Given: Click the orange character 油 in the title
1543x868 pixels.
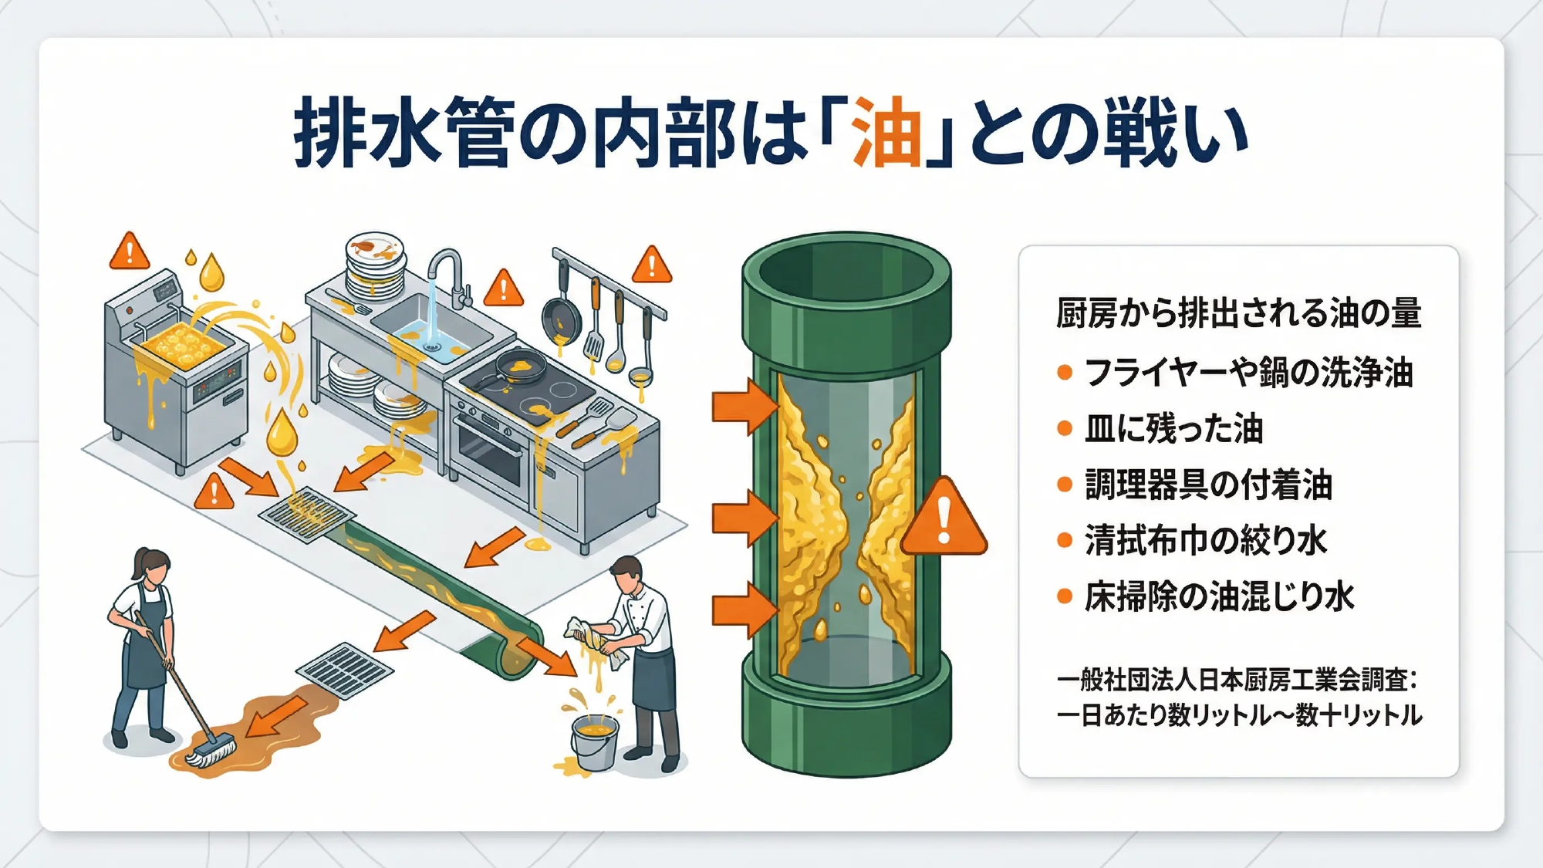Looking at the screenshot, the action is (x=887, y=132).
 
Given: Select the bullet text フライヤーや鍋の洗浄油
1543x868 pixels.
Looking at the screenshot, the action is (x=1249, y=373).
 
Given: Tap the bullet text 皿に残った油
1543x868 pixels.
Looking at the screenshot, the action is (x=1173, y=428).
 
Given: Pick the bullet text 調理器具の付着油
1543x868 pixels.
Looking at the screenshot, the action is (x=1209, y=485).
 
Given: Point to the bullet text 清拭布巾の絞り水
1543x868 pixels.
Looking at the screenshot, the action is (x=1206, y=540).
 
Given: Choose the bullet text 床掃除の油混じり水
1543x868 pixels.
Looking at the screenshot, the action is (x=1220, y=596).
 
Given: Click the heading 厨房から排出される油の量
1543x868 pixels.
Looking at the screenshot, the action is (x=1239, y=312).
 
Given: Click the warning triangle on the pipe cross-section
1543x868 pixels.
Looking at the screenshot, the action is (x=944, y=517).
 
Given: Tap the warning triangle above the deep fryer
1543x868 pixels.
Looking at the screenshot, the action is (x=130, y=252).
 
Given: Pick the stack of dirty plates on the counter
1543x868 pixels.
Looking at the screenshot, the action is (x=376, y=266).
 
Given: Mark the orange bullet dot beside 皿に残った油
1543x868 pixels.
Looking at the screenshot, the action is (x=1065, y=429).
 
